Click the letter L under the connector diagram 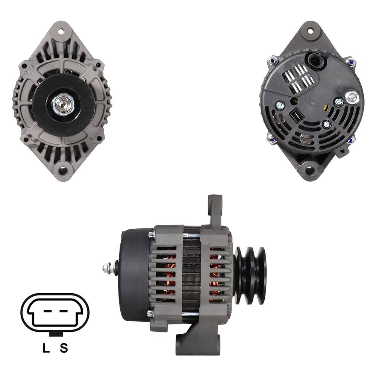point(46,348)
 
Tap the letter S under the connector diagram point(64,348)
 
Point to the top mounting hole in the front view point(61,31)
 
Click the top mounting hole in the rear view point(311,31)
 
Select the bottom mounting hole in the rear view point(310,170)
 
